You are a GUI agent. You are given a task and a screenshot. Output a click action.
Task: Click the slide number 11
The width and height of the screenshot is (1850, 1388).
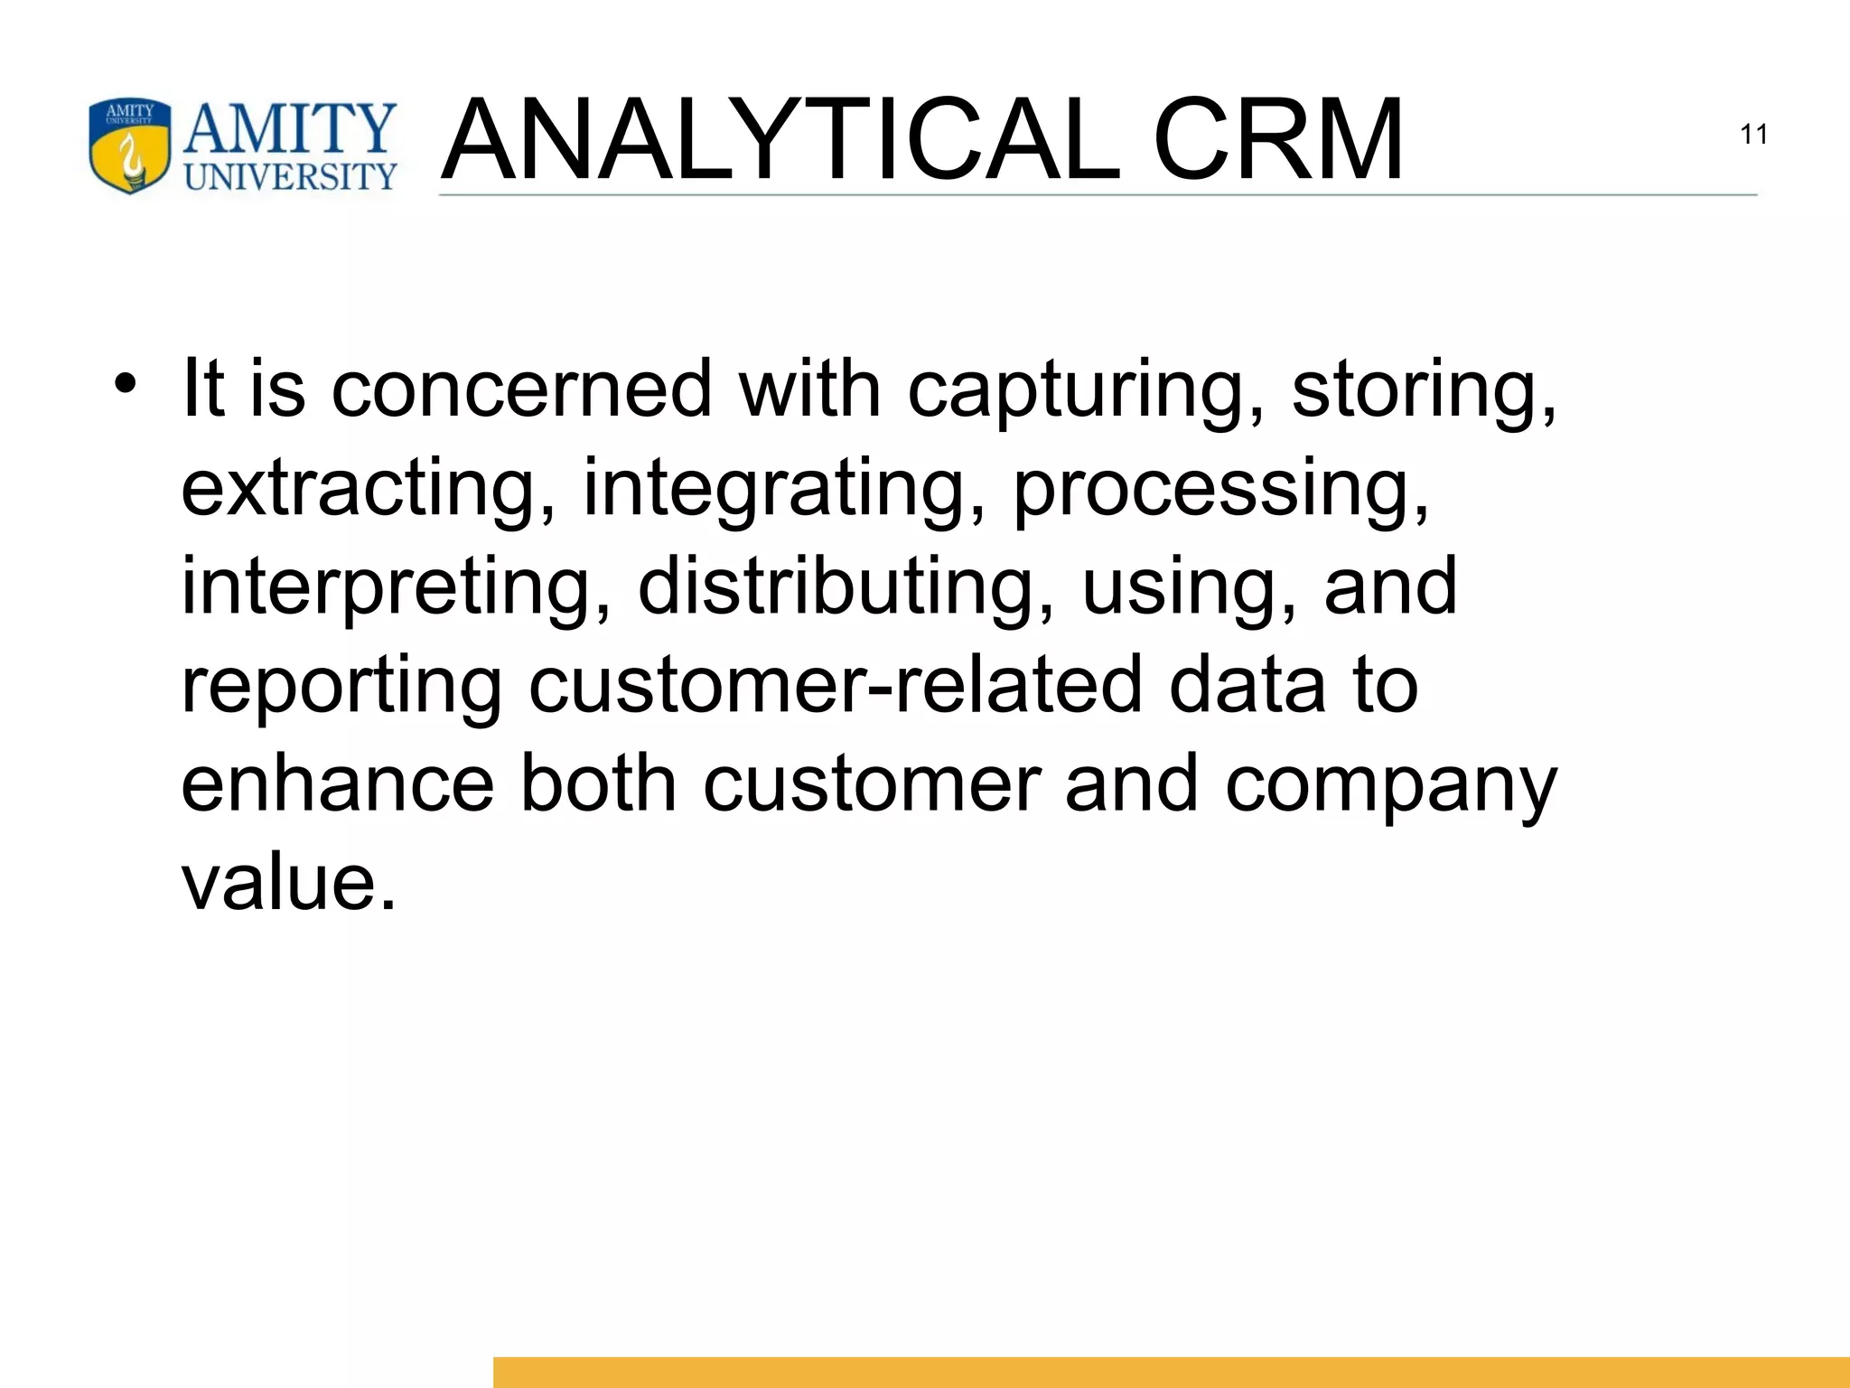[x=1753, y=135]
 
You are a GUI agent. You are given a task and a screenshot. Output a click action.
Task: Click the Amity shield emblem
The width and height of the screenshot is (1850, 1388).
[x=130, y=146]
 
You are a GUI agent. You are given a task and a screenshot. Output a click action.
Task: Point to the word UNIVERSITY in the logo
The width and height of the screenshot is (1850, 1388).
[x=291, y=175]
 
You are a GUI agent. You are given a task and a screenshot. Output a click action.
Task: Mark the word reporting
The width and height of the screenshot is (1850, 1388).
[x=341, y=688]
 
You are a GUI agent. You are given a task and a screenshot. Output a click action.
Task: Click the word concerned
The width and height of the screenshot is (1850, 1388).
[x=522, y=389]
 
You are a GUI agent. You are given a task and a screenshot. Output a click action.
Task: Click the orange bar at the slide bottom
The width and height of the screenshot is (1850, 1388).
[x=1171, y=1372]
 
